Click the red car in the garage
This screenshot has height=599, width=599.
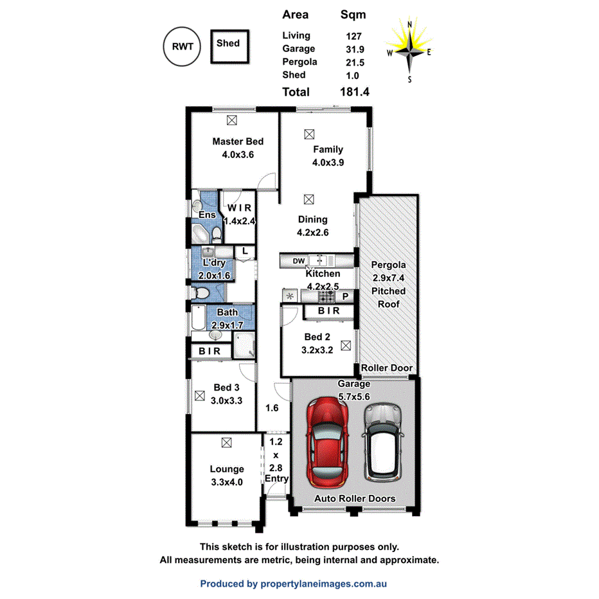[x=328, y=442]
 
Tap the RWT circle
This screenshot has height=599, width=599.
[x=183, y=46]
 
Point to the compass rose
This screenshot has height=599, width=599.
[x=409, y=51]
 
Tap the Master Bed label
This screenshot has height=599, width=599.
[x=238, y=141]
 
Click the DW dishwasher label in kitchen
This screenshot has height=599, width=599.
[x=298, y=260]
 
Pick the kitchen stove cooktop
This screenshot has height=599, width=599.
[x=326, y=296]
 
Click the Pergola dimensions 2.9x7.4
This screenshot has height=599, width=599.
[x=388, y=278]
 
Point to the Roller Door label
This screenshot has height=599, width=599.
[x=386, y=368]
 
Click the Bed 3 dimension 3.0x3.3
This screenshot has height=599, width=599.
[x=227, y=400]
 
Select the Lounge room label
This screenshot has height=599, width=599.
[x=226, y=469]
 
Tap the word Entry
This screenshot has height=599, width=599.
[x=276, y=479]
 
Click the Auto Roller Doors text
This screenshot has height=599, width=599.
[x=354, y=499]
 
